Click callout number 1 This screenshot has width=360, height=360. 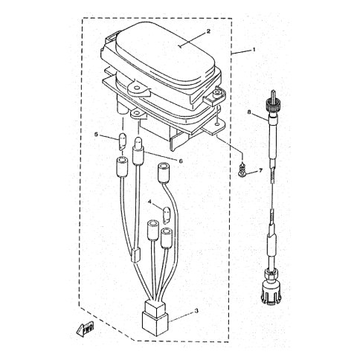(x=254, y=50)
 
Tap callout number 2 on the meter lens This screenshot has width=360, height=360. (x=208, y=31)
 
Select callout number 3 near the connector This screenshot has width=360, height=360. (x=196, y=311)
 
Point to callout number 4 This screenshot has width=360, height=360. (x=150, y=202)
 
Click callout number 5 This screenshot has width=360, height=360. (x=97, y=135)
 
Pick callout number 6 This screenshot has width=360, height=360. (x=181, y=161)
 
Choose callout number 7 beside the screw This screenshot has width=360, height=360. (x=260, y=171)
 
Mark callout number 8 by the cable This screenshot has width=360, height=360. (x=249, y=112)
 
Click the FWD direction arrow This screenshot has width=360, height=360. (x=85, y=330)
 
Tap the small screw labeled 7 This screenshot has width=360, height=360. (x=240, y=171)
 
